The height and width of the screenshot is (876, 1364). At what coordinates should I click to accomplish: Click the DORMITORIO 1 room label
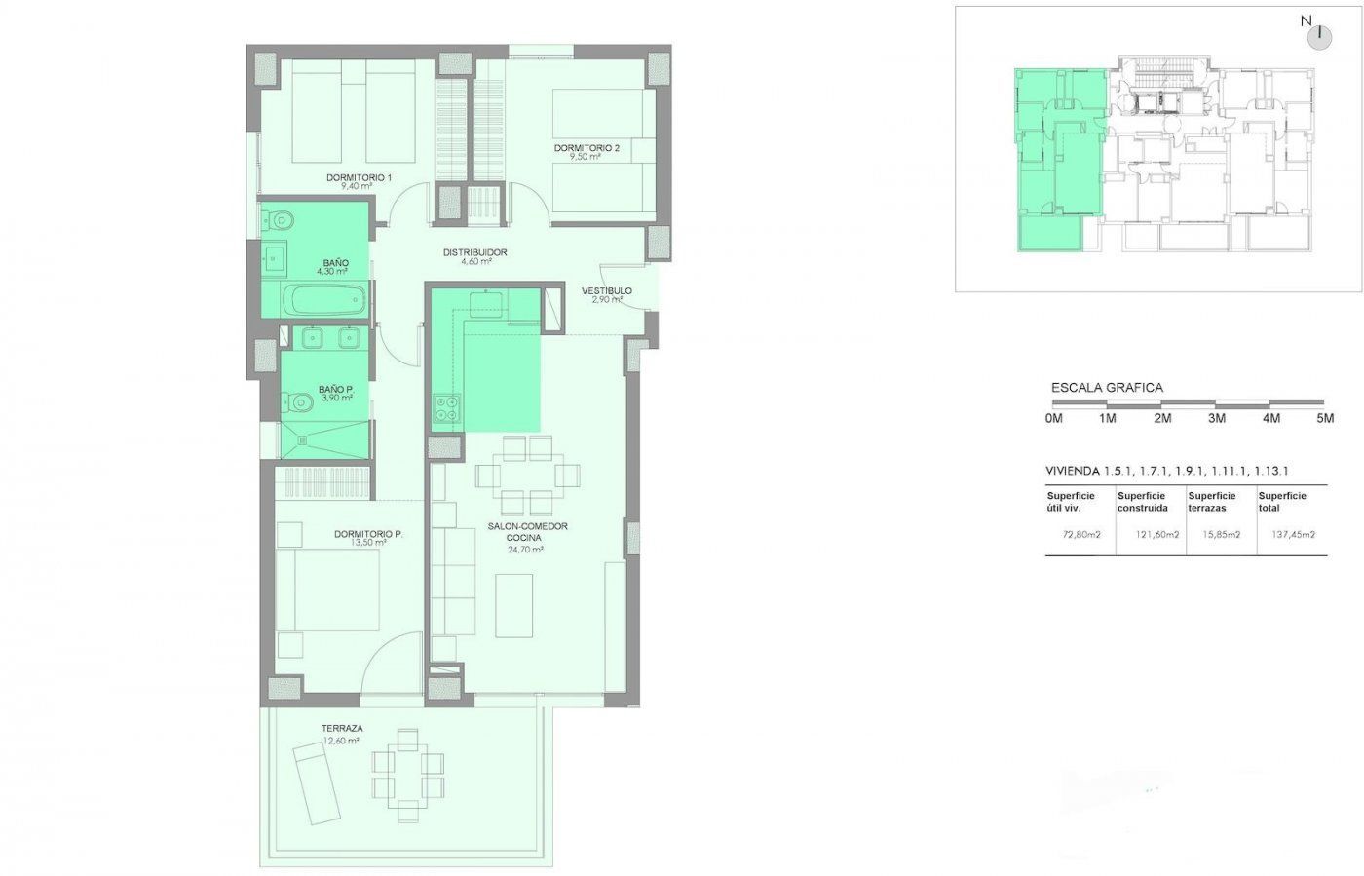359,178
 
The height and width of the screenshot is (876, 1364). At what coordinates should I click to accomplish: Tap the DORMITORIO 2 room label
587,148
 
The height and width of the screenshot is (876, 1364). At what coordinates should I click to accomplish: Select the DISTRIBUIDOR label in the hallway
475,252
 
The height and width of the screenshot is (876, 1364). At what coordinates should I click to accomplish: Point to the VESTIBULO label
606,290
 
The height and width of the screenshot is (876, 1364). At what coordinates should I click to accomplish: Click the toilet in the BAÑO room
278,219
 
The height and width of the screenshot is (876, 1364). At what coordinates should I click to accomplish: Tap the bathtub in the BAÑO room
327,300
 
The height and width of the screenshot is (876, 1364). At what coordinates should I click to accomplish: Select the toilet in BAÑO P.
295,402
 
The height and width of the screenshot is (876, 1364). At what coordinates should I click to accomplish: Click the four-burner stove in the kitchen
446,408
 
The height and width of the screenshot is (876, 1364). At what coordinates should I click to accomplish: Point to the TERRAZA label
342,728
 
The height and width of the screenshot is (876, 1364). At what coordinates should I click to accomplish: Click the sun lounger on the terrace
317,784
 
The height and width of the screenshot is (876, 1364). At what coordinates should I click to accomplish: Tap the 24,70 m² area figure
525,549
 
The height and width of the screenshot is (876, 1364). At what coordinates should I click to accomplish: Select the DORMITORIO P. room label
368,534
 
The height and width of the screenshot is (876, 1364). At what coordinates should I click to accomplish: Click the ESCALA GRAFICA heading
1107,388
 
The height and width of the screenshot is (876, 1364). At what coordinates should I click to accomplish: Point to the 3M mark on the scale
1217,418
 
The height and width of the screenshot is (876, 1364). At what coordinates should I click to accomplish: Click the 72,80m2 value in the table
1081,535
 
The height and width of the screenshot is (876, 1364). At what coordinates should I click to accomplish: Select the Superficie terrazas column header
1212,502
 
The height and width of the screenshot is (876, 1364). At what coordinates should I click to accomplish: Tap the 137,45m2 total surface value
1294,535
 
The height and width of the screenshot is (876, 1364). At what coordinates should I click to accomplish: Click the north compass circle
1319,38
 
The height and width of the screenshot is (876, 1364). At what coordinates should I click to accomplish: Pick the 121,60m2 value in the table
1157,535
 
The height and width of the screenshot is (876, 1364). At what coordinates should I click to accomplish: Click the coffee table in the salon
514,605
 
